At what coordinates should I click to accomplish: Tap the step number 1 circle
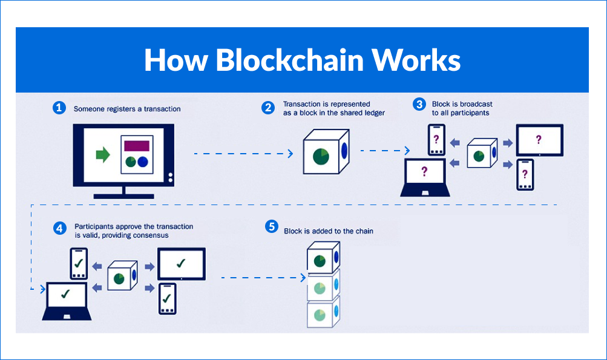click(59, 108)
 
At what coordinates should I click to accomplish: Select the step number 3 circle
click(419, 104)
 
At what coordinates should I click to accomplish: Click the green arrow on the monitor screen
click(103, 155)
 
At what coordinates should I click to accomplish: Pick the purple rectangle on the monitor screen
click(136, 145)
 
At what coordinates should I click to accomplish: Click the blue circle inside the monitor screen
click(143, 162)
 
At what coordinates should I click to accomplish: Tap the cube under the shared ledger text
click(326, 152)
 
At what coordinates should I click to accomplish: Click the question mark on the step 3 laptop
click(424, 171)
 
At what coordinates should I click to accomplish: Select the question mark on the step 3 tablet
click(539, 140)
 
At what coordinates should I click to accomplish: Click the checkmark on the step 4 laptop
click(65, 295)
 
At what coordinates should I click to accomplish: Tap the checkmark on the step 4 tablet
click(181, 263)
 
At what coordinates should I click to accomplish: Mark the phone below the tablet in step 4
click(167, 298)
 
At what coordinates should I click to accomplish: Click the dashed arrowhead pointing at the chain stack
click(304, 278)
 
